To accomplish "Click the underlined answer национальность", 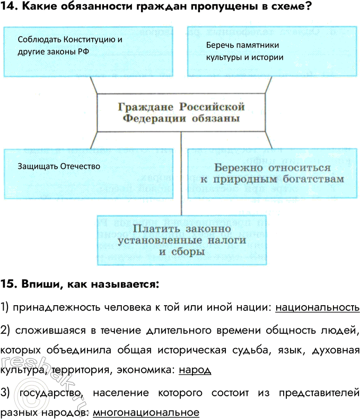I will pos(318,307).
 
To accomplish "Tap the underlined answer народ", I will pos(195,370).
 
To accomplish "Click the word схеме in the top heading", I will pos(286,8).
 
